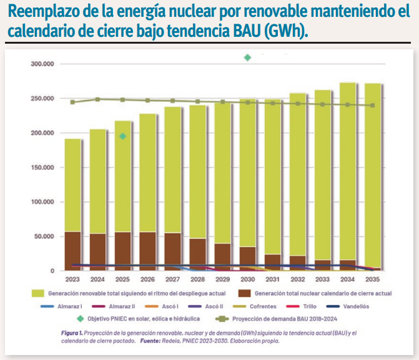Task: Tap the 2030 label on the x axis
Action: tap(248, 280)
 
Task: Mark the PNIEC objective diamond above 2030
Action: tap(248, 57)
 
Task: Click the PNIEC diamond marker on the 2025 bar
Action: tap(123, 136)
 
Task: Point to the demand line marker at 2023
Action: tap(73, 102)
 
